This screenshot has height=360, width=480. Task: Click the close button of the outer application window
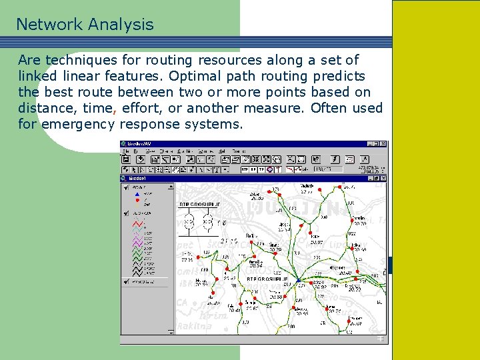tap(383, 144)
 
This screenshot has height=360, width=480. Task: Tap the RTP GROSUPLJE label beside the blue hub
tap(267, 279)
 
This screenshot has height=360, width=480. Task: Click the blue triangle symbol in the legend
tap(137, 193)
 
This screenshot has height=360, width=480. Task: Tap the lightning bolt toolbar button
tap(334, 160)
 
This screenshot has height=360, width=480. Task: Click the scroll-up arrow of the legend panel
tap(171, 187)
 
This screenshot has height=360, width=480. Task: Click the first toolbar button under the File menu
tap(125, 160)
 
